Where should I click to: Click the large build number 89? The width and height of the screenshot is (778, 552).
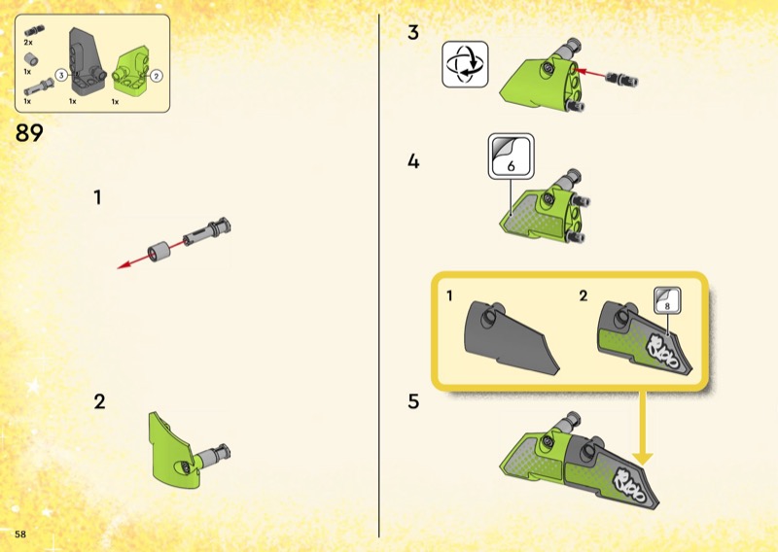click(29, 133)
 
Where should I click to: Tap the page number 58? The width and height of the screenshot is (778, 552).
click(20, 535)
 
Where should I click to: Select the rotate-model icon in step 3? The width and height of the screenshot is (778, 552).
click(465, 64)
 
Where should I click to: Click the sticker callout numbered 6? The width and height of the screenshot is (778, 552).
click(512, 155)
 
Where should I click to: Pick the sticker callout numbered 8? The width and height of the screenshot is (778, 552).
click(667, 300)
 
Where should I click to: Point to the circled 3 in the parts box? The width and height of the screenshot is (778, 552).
click(61, 76)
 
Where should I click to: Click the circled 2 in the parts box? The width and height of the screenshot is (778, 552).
click(157, 76)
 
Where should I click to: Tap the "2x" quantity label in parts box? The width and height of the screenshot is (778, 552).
click(28, 43)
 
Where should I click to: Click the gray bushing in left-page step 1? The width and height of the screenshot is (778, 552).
click(159, 252)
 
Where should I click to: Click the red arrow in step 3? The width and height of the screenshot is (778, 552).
click(590, 73)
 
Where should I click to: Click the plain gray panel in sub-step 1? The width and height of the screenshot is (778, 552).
click(512, 337)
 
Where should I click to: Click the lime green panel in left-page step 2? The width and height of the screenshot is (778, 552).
click(171, 450)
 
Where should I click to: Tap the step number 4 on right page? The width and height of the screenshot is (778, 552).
click(413, 161)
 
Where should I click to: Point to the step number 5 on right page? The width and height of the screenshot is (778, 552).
click(414, 401)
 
